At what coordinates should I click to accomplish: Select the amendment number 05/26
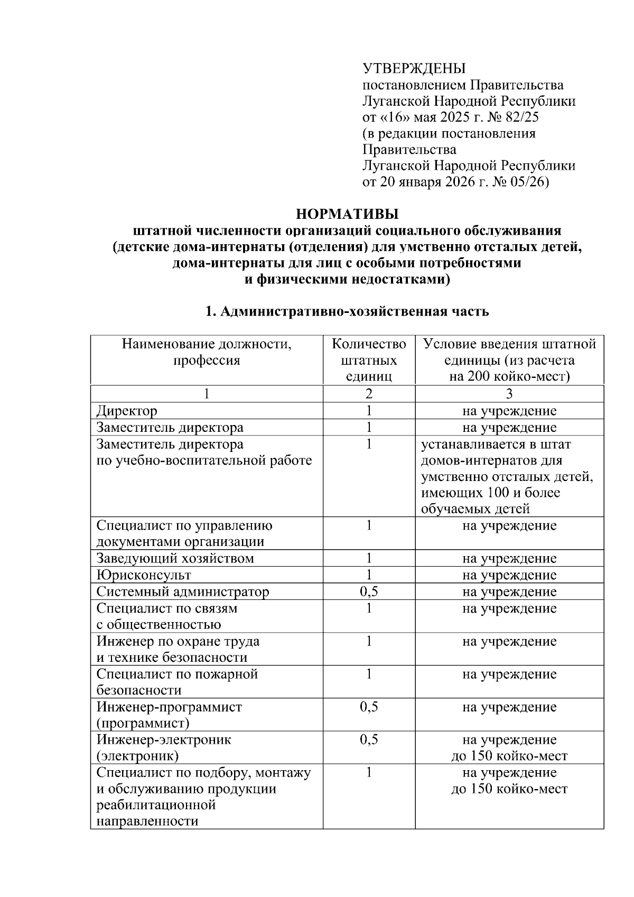click(x=529, y=182)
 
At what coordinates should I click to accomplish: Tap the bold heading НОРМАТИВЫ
click(x=347, y=214)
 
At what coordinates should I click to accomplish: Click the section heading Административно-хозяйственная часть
click(x=354, y=311)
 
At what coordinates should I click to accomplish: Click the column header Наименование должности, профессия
click(x=207, y=352)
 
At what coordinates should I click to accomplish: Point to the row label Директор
click(x=127, y=411)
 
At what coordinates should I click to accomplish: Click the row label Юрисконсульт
click(x=144, y=575)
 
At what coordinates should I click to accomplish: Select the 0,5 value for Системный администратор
click(x=369, y=591)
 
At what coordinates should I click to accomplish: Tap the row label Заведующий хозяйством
click(x=175, y=558)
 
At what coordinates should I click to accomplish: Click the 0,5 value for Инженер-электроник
click(x=369, y=739)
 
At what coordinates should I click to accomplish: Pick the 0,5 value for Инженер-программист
click(x=369, y=707)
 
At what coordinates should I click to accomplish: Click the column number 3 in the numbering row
click(x=509, y=394)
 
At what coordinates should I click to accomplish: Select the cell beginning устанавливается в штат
click(x=507, y=476)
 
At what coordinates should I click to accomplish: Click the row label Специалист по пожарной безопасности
click(x=177, y=682)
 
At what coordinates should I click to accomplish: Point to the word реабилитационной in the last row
click(x=156, y=805)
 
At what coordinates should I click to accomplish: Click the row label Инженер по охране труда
click(x=178, y=649)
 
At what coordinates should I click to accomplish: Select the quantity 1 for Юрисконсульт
click(x=369, y=575)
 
